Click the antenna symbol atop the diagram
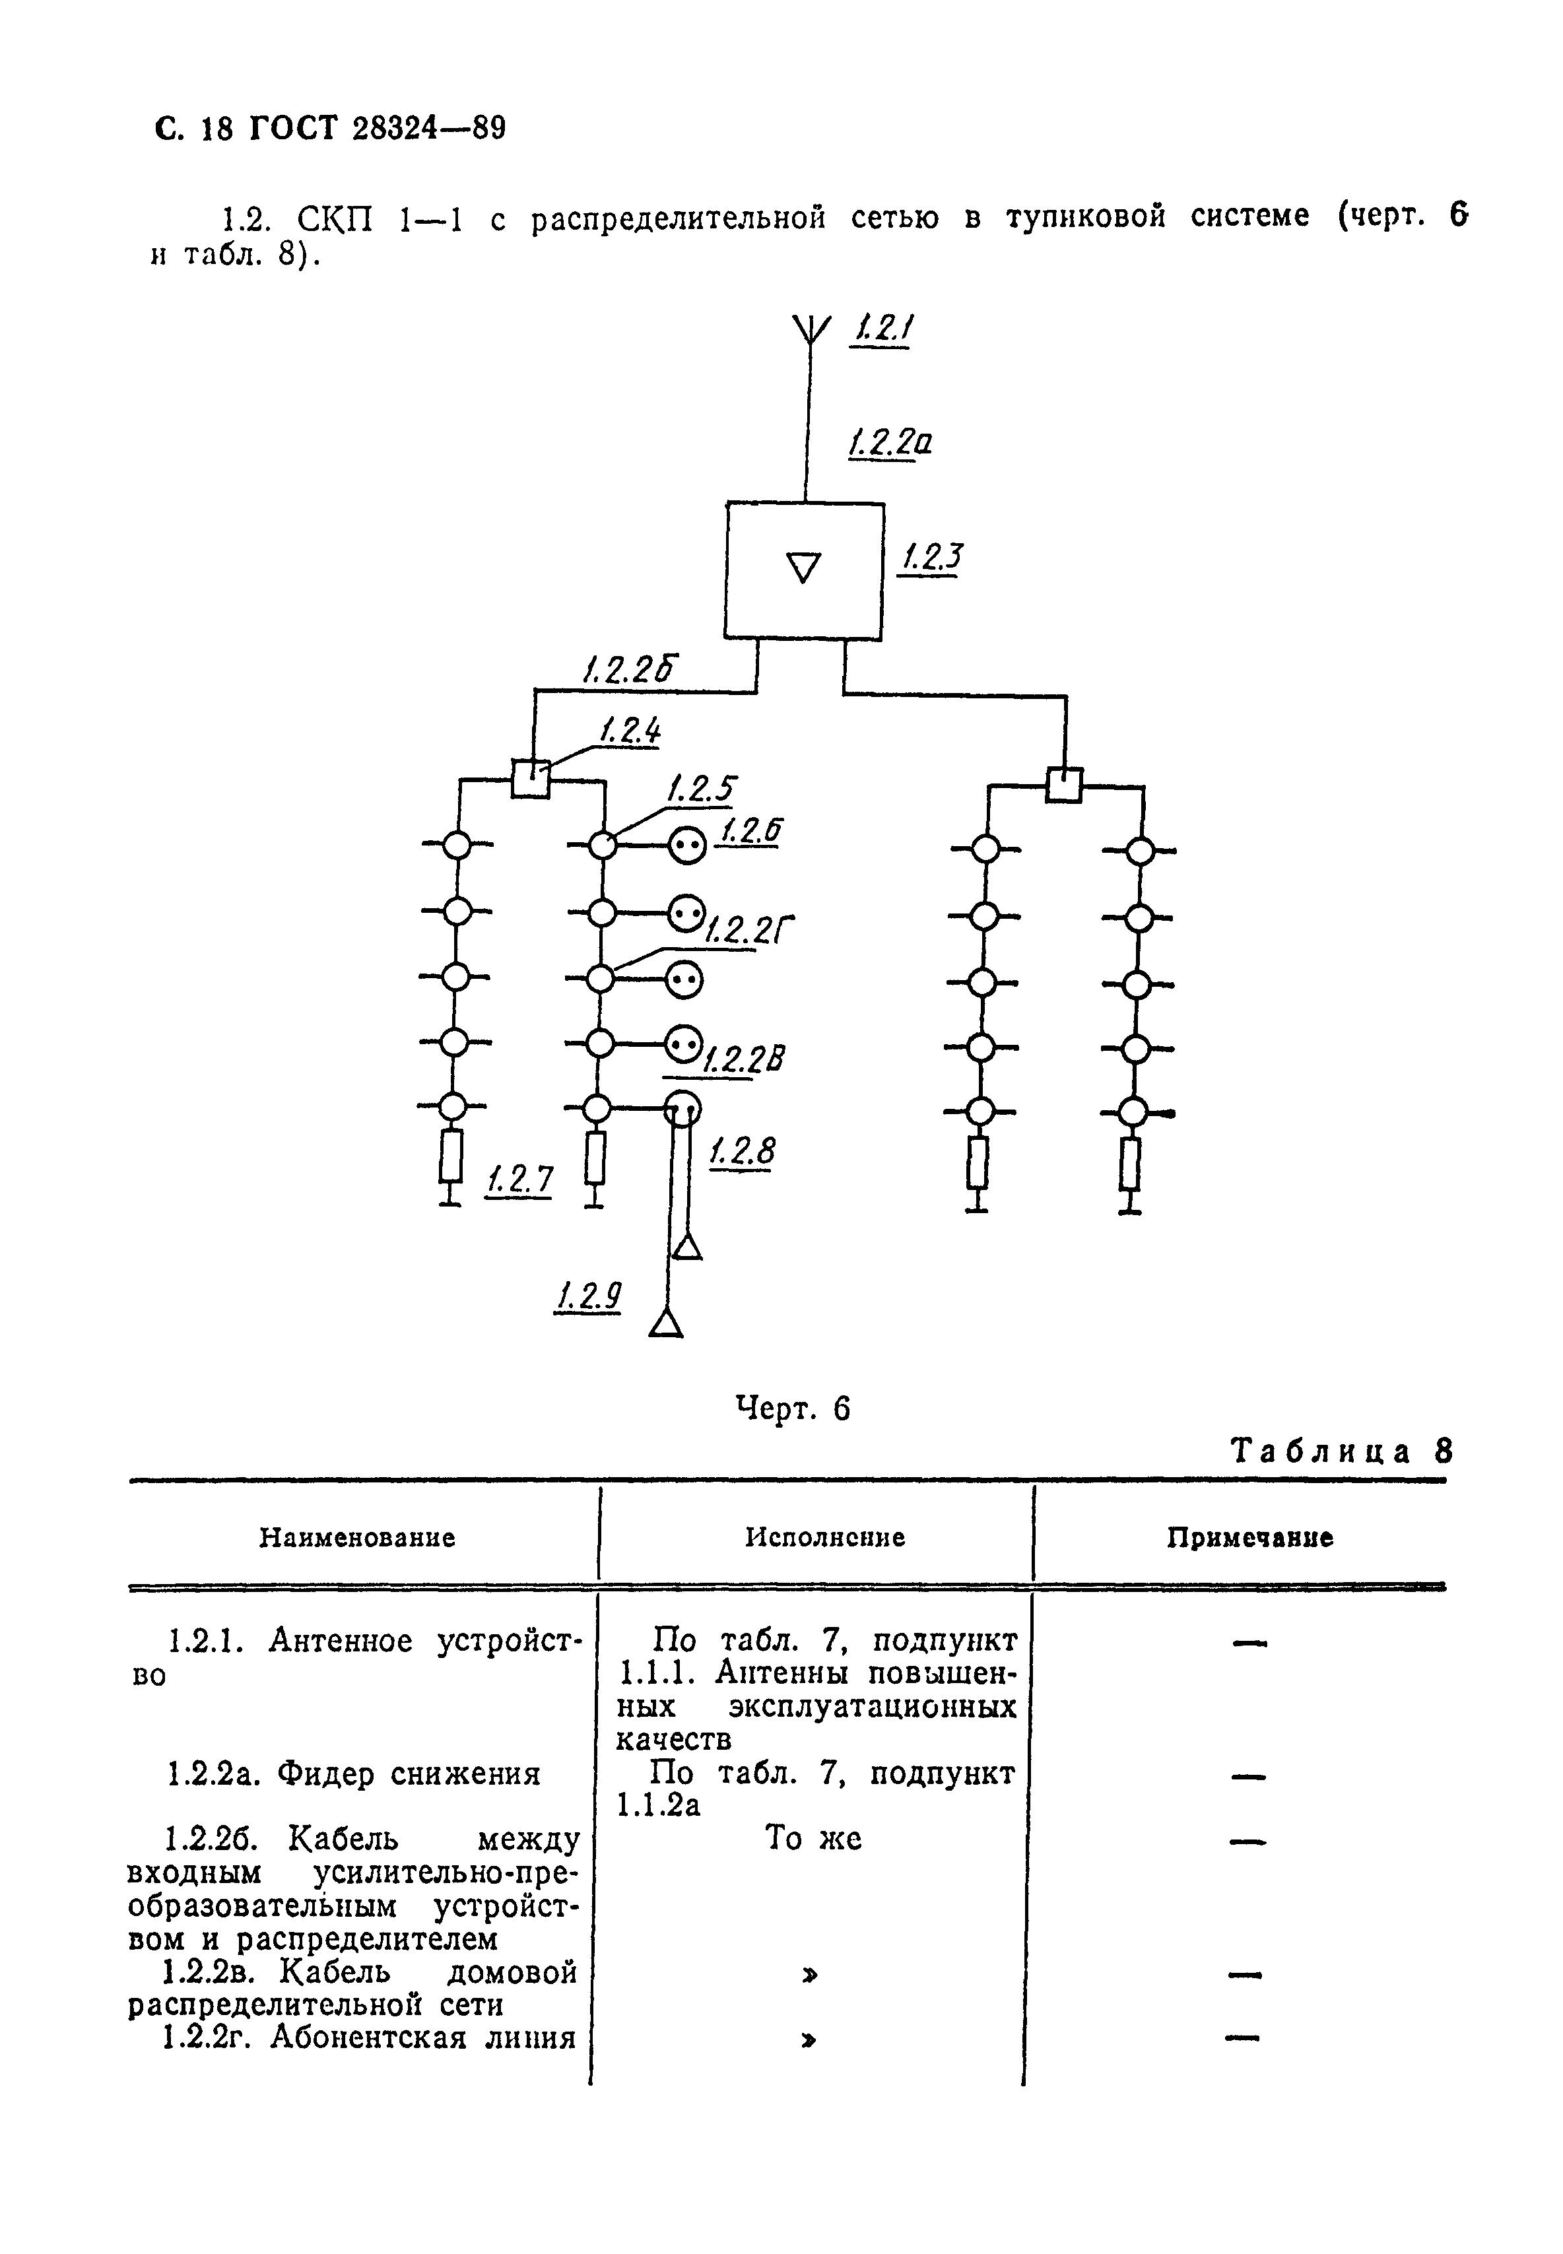point(809,331)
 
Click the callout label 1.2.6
point(751,830)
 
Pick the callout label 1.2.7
point(519,1180)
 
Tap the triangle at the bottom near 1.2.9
point(666,1324)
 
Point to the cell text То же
point(813,1839)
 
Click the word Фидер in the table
point(321,1774)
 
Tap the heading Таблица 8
point(1341,1451)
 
